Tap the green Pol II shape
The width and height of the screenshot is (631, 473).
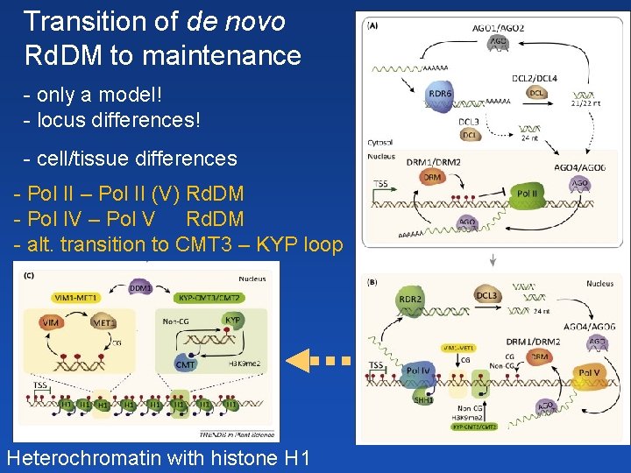(527, 194)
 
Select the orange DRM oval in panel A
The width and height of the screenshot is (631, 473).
(432, 177)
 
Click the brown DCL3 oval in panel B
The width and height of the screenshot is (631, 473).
(487, 296)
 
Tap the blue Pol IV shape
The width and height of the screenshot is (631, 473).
(418, 372)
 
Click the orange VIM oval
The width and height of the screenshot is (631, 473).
(51, 323)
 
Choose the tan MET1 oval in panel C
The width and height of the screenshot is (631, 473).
(104, 323)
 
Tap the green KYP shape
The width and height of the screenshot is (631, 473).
(233, 321)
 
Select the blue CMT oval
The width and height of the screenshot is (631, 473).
(186, 364)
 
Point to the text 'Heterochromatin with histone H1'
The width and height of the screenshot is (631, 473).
(158, 457)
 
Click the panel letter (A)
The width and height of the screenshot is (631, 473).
(373, 25)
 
